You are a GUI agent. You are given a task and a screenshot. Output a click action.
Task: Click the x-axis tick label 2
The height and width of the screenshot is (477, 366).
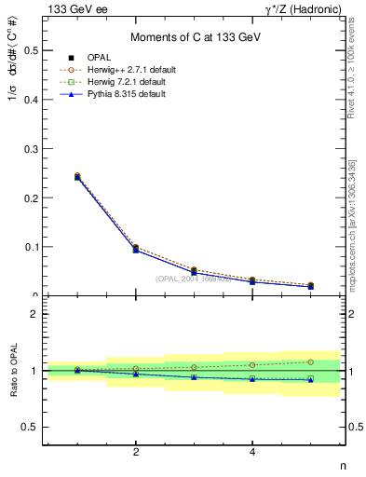(136, 452)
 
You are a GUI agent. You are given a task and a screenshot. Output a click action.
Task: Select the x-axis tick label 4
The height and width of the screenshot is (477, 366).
(253, 452)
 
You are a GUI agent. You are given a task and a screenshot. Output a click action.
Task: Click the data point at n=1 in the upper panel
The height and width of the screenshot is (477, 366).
(77, 176)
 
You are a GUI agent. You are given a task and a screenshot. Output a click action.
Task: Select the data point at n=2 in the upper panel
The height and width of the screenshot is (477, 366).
(136, 249)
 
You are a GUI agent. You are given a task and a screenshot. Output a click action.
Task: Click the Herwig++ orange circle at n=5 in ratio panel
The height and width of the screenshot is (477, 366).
(311, 361)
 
